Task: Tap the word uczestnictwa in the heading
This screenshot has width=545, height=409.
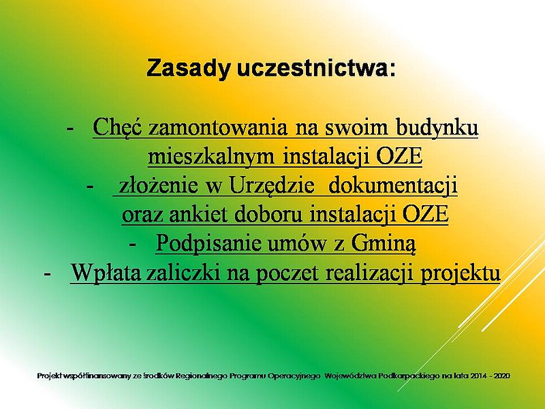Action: [317, 68]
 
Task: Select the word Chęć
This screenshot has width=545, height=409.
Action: [117, 127]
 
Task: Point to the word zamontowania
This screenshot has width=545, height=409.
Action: [218, 127]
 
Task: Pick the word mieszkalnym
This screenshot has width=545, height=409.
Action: [212, 157]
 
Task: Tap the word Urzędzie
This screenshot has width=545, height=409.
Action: [271, 186]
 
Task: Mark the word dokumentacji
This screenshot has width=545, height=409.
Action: [393, 186]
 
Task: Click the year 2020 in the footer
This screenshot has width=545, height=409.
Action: [502, 376]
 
